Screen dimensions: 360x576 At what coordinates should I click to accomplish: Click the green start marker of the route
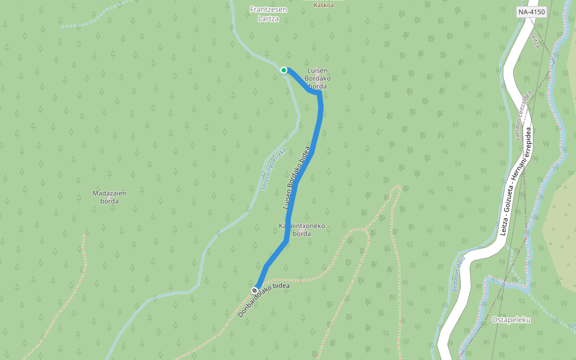point(284,70)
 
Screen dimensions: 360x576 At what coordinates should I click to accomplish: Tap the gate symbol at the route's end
point(255,290)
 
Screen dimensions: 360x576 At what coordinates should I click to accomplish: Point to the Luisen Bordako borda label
point(317,78)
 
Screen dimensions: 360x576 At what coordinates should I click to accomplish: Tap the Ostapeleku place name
point(511,319)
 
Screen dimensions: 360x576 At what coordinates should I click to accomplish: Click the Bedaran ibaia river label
point(458,275)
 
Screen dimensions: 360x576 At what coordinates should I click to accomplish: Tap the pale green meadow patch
point(561,222)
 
